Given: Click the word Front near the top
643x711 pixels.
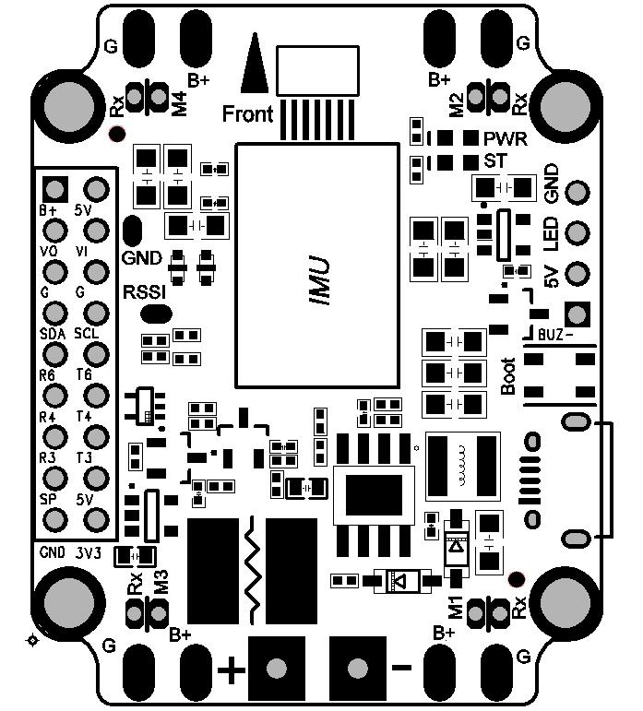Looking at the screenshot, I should tap(248, 113).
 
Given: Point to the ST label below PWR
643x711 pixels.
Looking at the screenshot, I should tap(497, 161).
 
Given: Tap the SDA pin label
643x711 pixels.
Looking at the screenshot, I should tap(53, 332).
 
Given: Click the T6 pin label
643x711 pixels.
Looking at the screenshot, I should tap(84, 375).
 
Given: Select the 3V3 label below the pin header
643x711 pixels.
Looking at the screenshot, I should tap(89, 552).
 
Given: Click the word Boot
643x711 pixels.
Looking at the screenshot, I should tap(507, 376).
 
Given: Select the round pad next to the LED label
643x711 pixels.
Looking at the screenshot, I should tap(578, 233).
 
